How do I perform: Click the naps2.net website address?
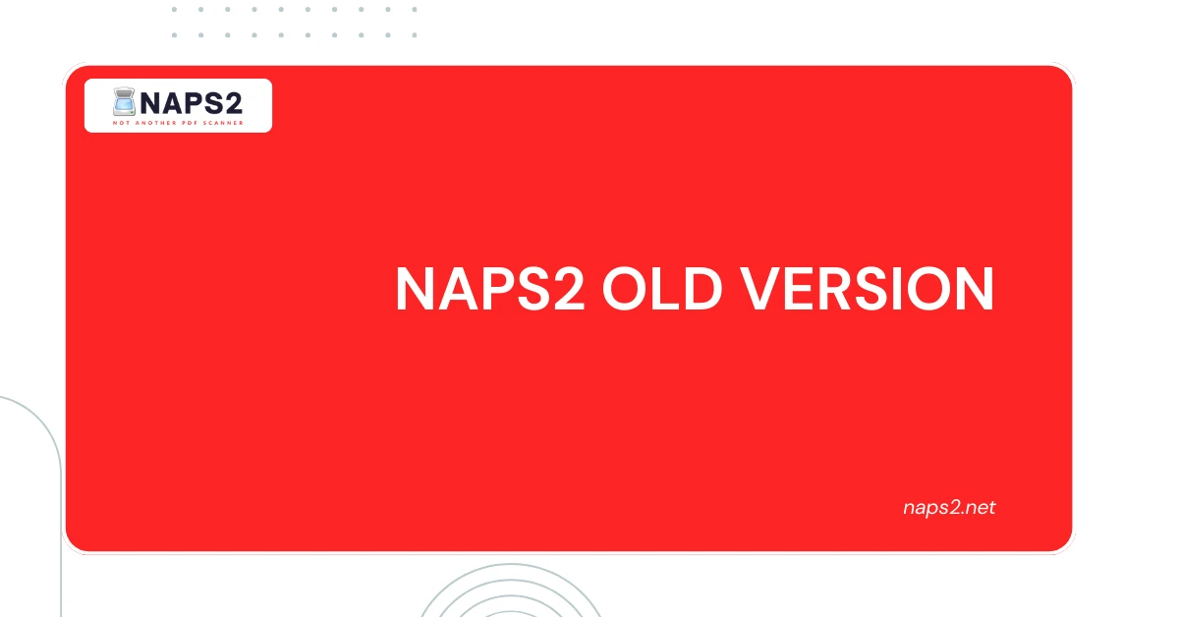[x=948, y=508]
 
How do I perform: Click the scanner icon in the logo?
[x=125, y=102]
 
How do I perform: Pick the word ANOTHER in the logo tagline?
[x=156, y=124]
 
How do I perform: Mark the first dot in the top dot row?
[x=175, y=10]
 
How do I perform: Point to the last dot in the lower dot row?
[x=414, y=35]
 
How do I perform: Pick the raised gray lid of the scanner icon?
[x=125, y=93]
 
